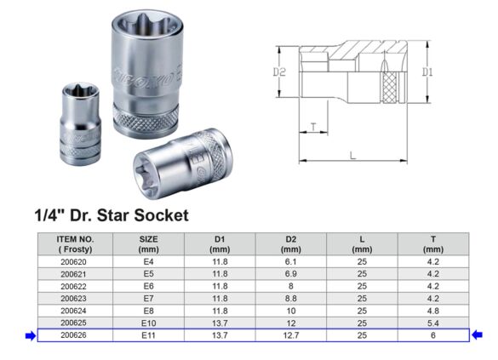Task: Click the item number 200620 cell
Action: click(x=75, y=263)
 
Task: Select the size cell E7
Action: click(x=148, y=299)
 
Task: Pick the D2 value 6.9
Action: click(x=291, y=275)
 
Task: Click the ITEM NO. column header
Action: click(x=75, y=244)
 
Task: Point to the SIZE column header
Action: click(x=148, y=244)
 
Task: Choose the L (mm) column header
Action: click(x=362, y=244)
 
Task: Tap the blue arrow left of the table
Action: click(x=31, y=336)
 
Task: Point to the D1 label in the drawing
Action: click(x=428, y=73)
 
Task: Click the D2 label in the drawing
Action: click(x=279, y=73)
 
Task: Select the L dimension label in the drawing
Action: click(x=352, y=155)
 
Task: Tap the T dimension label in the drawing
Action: click(x=313, y=127)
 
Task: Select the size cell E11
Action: click(x=148, y=336)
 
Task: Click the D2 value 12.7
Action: click(x=291, y=336)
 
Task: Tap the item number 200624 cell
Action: click(x=75, y=311)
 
